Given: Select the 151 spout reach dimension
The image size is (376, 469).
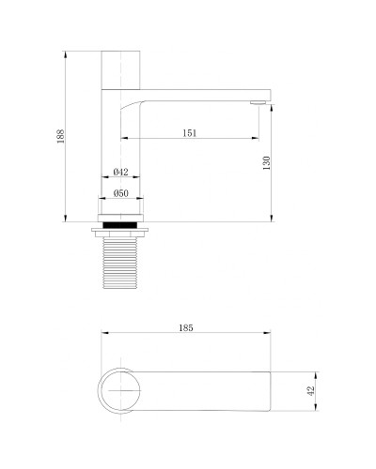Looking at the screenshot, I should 189,133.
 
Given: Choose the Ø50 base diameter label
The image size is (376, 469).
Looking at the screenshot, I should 120,193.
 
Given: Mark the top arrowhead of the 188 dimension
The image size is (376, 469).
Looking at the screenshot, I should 65,53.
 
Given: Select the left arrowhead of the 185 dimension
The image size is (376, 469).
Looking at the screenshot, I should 102,335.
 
